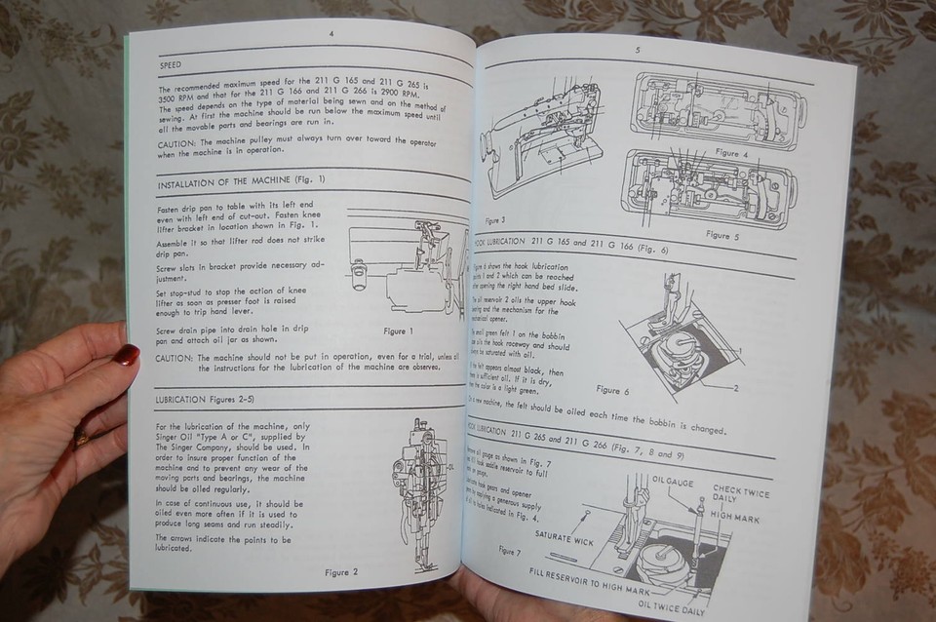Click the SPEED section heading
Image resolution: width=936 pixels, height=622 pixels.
[x=175, y=65]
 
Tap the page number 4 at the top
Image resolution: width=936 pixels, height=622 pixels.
[x=331, y=34]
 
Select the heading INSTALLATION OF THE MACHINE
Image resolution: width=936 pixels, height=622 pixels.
[x=241, y=181]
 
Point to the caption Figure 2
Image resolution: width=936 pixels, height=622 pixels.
[x=341, y=572]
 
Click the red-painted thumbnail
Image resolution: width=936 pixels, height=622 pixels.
[x=126, y=354]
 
